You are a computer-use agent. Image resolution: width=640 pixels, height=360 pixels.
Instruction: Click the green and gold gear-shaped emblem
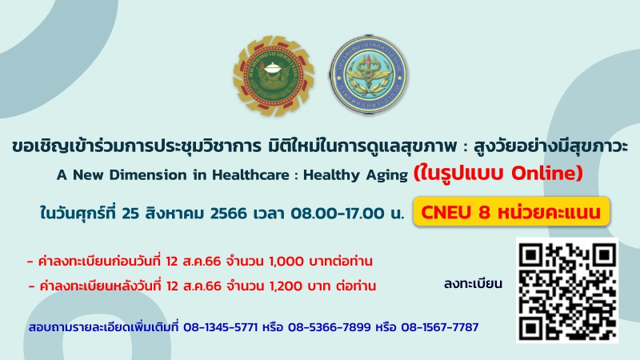[x=273, y=76]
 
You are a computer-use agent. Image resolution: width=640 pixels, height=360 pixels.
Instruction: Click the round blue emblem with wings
[x=369, y=74]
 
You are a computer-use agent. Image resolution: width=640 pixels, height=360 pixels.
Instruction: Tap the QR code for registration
[x=567, y=290]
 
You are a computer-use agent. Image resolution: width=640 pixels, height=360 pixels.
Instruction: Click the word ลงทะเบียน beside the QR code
[x=473, y=284]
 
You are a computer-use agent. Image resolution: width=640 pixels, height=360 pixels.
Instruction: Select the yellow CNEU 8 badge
[x=511, y=212]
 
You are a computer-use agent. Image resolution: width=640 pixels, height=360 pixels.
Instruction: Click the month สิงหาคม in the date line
[x=174, y=213]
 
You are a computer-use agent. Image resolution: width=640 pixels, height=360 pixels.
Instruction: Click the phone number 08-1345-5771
[x=221, y=327]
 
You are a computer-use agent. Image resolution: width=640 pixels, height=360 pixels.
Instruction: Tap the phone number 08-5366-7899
[x=330, y=327]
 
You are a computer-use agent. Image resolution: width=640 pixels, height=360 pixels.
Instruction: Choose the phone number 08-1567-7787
[x=439, y=327]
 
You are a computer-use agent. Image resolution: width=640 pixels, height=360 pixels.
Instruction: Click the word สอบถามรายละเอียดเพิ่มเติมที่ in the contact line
[x=104, y=327]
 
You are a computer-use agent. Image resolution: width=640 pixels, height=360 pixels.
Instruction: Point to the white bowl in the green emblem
[x=273, y=68]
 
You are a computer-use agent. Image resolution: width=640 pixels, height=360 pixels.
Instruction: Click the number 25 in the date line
[x=130, y=213]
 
